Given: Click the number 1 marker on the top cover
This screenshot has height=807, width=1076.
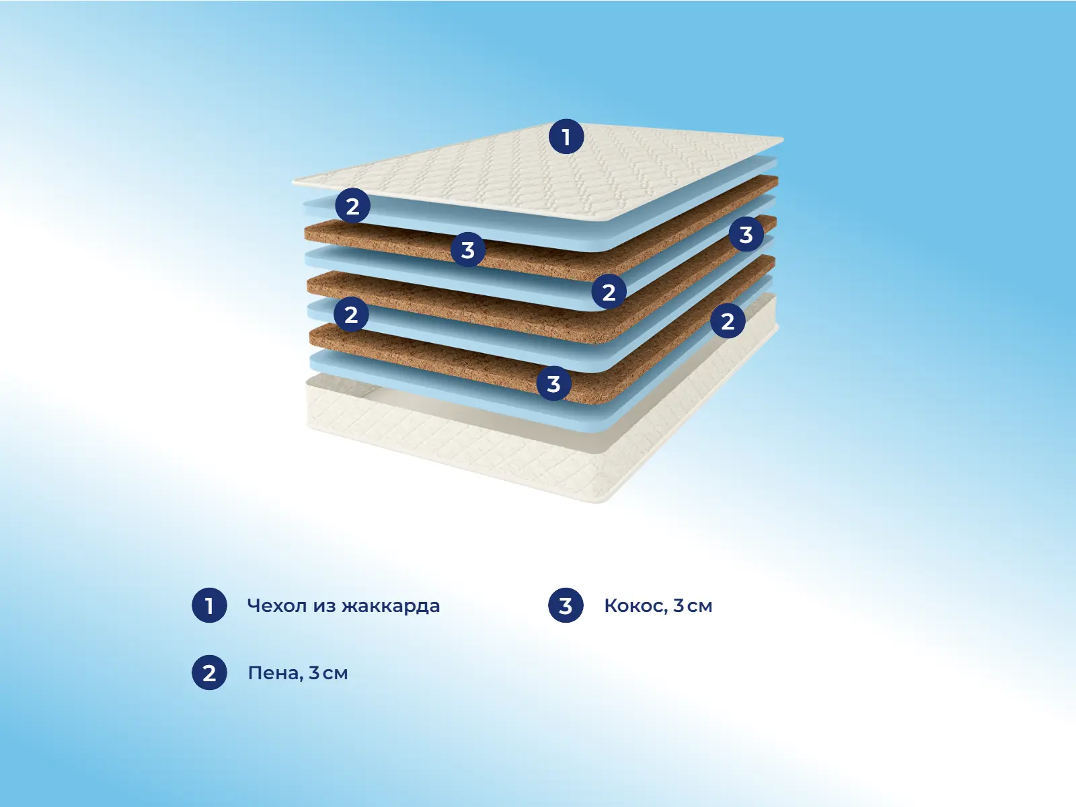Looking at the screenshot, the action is coord(566,137).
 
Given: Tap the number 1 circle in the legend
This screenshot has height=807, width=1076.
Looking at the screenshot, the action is coord(209,605).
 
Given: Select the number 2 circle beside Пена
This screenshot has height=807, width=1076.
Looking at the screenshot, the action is coord(209,672).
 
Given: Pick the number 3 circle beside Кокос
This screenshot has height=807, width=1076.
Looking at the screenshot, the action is coord(566,605).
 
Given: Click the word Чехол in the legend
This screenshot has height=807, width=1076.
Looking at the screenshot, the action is coord(277,606).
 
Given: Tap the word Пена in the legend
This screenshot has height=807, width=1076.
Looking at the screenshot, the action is coord(276,673).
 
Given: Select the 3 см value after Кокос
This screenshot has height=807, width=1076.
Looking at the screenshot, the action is coord(693,606).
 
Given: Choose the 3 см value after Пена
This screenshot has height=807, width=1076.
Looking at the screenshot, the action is coord(328,673).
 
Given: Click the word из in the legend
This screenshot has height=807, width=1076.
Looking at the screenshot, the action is coord(324,606).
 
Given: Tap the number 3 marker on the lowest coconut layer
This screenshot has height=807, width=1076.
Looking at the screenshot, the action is coord(554,383).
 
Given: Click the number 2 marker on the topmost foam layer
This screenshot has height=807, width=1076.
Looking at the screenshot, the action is coord(353,206).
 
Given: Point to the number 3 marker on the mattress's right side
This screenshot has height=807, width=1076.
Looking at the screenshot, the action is coord(746,234).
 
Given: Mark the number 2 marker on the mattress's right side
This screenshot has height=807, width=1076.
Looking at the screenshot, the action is coord(728,321).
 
